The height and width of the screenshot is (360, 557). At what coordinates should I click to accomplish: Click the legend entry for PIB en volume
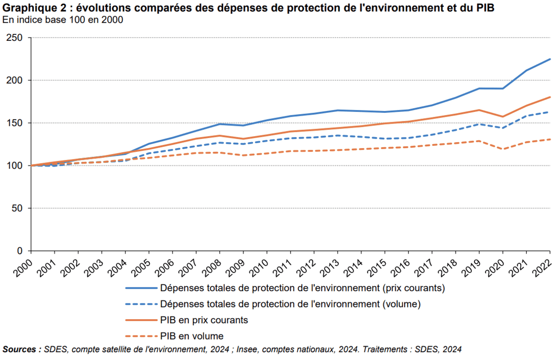pos(192,336)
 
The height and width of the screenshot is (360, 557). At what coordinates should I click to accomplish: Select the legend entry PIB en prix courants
pos(204,320)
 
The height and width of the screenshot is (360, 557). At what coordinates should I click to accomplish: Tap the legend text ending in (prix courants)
pos(303,288)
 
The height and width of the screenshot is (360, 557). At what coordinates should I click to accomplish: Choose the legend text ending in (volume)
pos(290,304)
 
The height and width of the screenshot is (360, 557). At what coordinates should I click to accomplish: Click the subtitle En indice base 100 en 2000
pos(63,20)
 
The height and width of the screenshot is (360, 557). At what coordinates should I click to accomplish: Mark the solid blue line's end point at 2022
pos(550,59)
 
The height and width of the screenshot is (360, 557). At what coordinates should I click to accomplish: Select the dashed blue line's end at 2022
pos(550,112)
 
